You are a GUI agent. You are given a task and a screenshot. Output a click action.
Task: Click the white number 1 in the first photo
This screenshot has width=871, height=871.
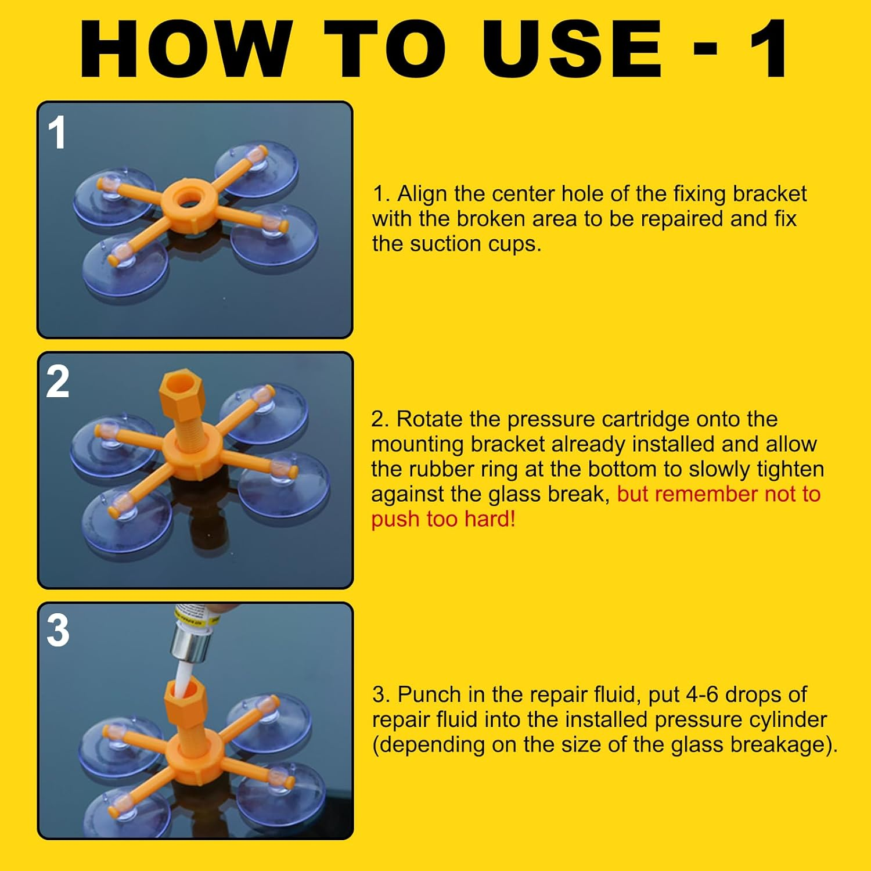click(57, 133)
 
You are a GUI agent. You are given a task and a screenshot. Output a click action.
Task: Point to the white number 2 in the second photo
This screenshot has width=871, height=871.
click(58, 382)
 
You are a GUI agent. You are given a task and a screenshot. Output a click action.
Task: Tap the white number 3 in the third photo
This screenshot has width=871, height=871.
click(58, 631)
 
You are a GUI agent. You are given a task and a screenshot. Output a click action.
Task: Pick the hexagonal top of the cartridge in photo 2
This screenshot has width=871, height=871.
click(180, 397)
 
